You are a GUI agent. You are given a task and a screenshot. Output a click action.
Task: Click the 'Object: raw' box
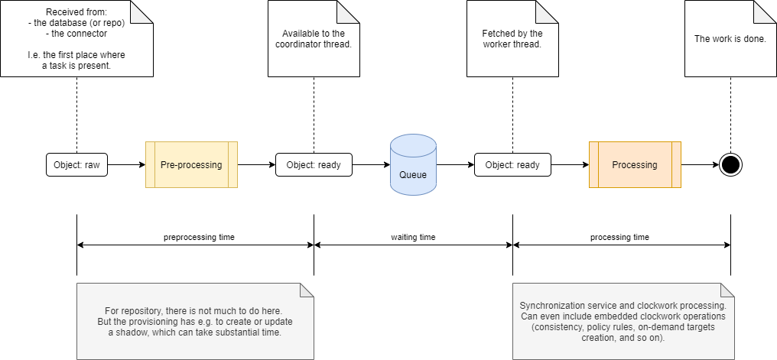click(76, 164)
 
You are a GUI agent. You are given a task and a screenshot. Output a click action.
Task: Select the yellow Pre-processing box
click(191, 164)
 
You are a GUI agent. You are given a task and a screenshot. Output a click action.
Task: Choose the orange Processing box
click(634, 164)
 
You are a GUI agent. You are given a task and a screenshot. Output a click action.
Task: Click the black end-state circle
click(730, 164)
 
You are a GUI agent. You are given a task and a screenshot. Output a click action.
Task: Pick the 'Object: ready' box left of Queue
click(314, 164)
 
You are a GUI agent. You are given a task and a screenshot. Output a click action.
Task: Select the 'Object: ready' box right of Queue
click(512, 164)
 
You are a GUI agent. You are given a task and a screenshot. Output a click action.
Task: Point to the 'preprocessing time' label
click(199, 237)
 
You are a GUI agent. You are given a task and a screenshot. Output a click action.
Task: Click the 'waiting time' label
click(413, 237)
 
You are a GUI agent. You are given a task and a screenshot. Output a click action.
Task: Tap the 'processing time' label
click(619, 237)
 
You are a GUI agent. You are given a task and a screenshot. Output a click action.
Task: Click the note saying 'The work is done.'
click(730, 38)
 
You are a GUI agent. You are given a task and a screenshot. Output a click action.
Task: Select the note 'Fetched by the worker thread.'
click(512, 38)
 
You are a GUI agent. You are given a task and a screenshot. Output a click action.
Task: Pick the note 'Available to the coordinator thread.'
click(314, 38)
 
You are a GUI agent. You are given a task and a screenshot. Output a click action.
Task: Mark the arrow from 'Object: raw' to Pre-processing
click(126, 164)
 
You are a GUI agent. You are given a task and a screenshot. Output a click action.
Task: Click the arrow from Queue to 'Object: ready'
click(455, 164)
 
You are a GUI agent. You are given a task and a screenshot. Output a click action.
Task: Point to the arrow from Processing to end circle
click(700, 164)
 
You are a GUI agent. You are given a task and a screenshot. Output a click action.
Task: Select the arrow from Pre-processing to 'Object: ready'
click(257, 164)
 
